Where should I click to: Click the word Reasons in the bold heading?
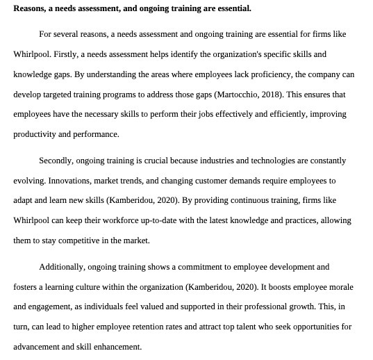pos(29,8)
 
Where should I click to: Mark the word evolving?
pos(29,181)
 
